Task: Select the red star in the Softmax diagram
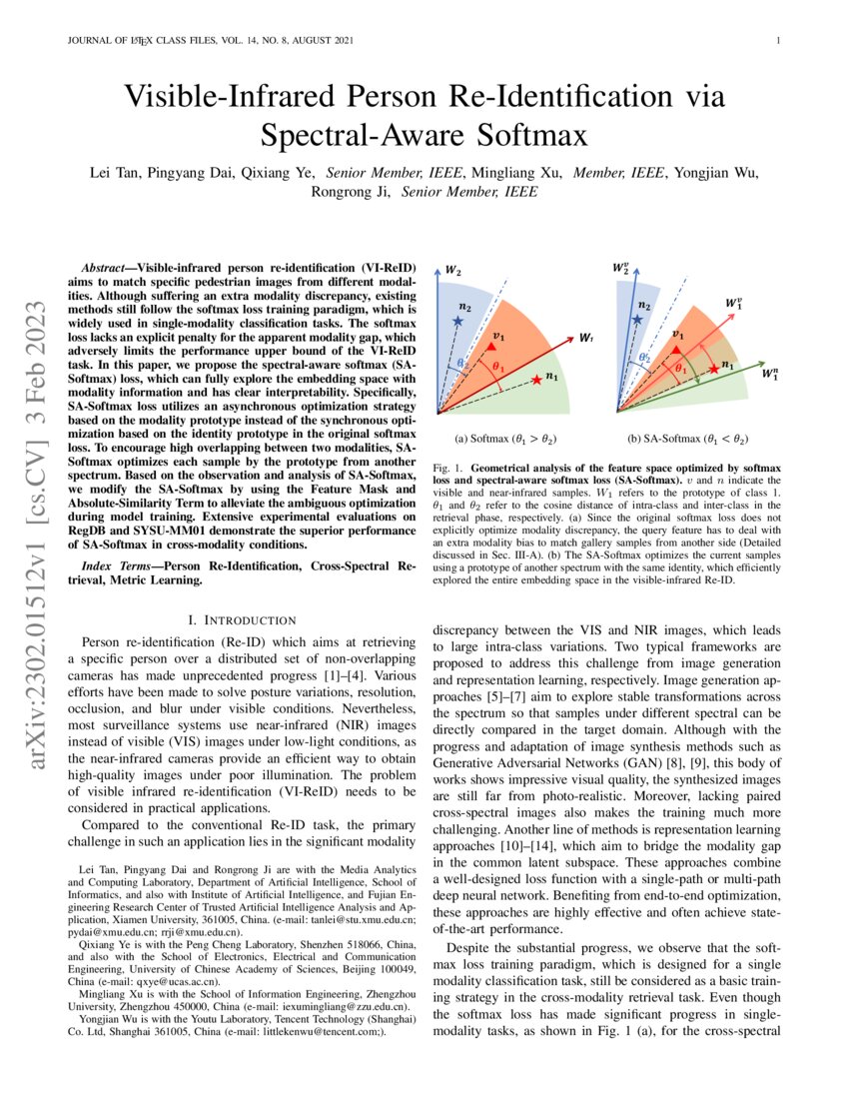coord(537,378)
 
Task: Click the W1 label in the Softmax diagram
coord(587,338)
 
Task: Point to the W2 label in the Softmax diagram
coord(452,271)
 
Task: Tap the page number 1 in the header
coord(776,41)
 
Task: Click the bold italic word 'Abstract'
coord(106,270)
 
